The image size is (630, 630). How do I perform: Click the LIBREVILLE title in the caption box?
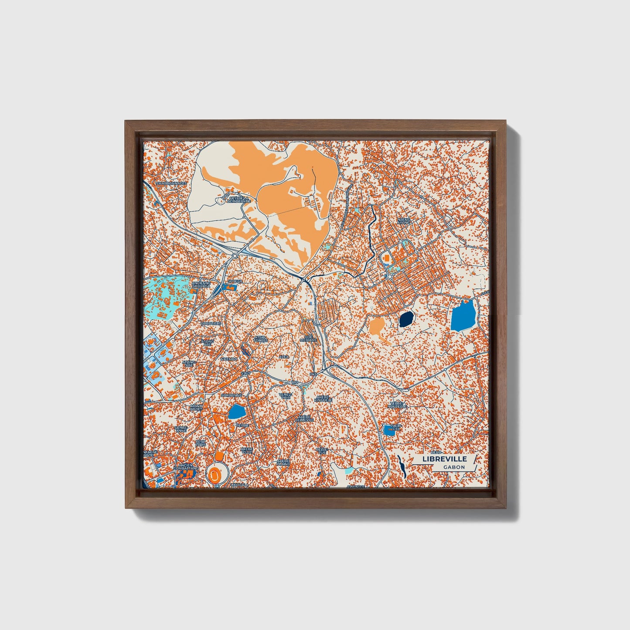pos(444,459)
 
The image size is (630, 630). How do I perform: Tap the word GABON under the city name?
pos(454,467)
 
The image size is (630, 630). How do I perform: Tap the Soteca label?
pos(234,281)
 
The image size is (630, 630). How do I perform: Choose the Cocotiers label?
pos(211,324)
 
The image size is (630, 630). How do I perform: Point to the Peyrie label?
pos(242,425)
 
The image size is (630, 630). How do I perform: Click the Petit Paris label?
pos(201,443)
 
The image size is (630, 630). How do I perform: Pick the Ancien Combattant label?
pos(185,467)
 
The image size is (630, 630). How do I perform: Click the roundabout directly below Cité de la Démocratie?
pos(235,255)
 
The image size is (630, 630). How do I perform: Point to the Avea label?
pos(284,357)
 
